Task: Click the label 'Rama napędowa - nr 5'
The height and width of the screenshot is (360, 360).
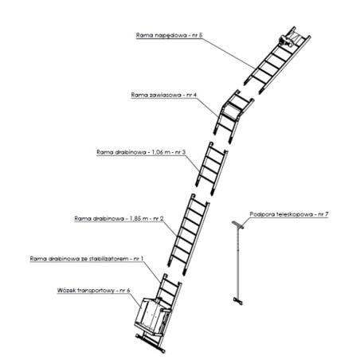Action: tap(169, 35)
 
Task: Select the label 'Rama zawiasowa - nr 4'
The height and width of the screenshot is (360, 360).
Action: tap(164, 95)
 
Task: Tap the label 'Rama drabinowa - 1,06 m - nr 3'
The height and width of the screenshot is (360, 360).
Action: tap(141, 152)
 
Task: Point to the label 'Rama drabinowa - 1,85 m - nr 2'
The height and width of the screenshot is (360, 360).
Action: tap(119, 219)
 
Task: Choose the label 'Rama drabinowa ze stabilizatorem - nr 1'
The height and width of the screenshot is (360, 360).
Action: tap(87, 259)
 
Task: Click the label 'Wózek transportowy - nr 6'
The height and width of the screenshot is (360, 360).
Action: tap(93, 290)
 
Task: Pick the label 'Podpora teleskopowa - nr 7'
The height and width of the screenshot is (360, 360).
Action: tap(289, 214)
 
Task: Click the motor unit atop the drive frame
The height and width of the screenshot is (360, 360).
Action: tap(285, 41)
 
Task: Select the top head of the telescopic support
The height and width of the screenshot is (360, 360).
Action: tap(238, 225)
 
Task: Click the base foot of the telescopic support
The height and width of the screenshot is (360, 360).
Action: tap(238, 301)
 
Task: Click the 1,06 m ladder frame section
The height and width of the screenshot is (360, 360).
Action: tap(212, 169)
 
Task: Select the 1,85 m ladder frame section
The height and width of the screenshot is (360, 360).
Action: tap(189, 234)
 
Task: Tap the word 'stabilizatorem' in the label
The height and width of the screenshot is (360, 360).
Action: tap(108, 259)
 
